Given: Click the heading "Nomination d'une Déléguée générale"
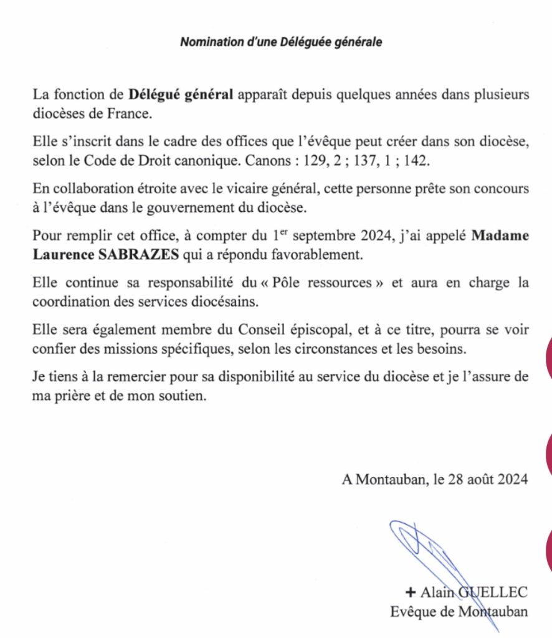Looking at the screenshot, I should coord(280,42).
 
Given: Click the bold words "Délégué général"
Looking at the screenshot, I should coord(181,95).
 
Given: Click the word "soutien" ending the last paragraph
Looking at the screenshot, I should coord(184,396).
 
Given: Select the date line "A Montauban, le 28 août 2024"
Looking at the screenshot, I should coord(435,480).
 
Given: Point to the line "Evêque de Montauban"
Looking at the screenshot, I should coord(459,611).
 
